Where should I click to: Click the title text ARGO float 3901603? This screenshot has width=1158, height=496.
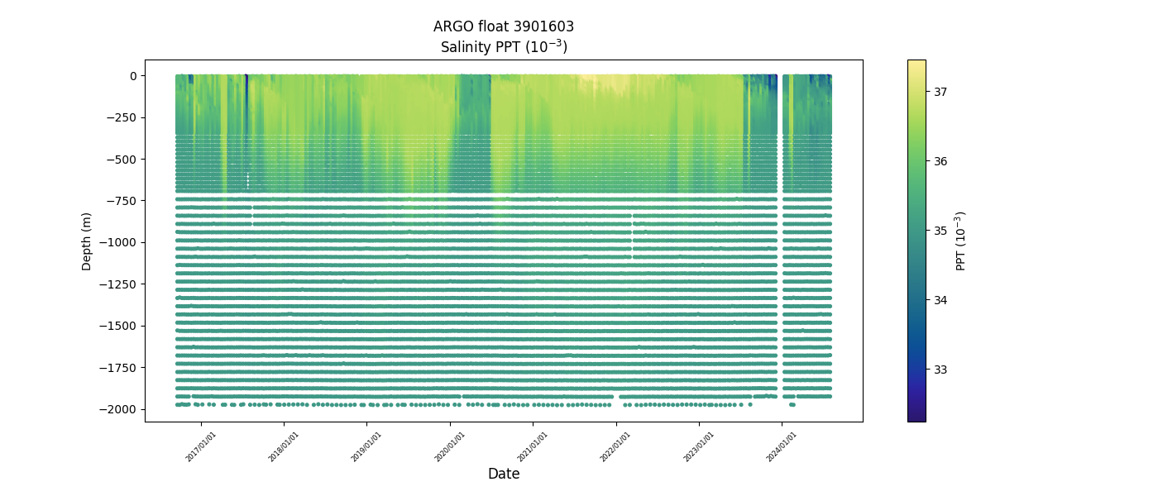[x=504, y=26]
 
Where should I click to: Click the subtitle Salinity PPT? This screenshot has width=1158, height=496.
[x=504, y=46]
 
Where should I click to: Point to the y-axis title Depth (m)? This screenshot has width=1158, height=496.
[x=87, y=241]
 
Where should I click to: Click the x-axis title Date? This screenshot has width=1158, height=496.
[x=504, y=474]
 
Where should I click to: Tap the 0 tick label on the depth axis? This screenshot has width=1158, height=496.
[x=132, y=76]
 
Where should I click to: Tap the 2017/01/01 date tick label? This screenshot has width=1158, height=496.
[x=201, y=446]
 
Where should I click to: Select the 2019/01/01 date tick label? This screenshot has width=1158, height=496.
[x=366, y=446]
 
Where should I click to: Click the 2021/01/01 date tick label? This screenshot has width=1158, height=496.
[x=533, y=446]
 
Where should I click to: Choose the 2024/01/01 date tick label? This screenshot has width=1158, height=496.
[x=781, y=446]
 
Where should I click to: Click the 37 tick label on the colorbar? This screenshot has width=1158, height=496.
[x=940, y=92]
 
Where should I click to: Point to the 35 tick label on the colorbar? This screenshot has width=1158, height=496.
[x=940, y=231]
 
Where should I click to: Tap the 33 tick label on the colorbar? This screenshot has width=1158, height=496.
[x=940, y=370]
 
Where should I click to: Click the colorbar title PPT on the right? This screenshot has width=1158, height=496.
[x=961, y=241]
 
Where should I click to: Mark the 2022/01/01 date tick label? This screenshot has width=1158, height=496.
[x=615, y=446]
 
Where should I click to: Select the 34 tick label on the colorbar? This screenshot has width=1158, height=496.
[x=940, y=300]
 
